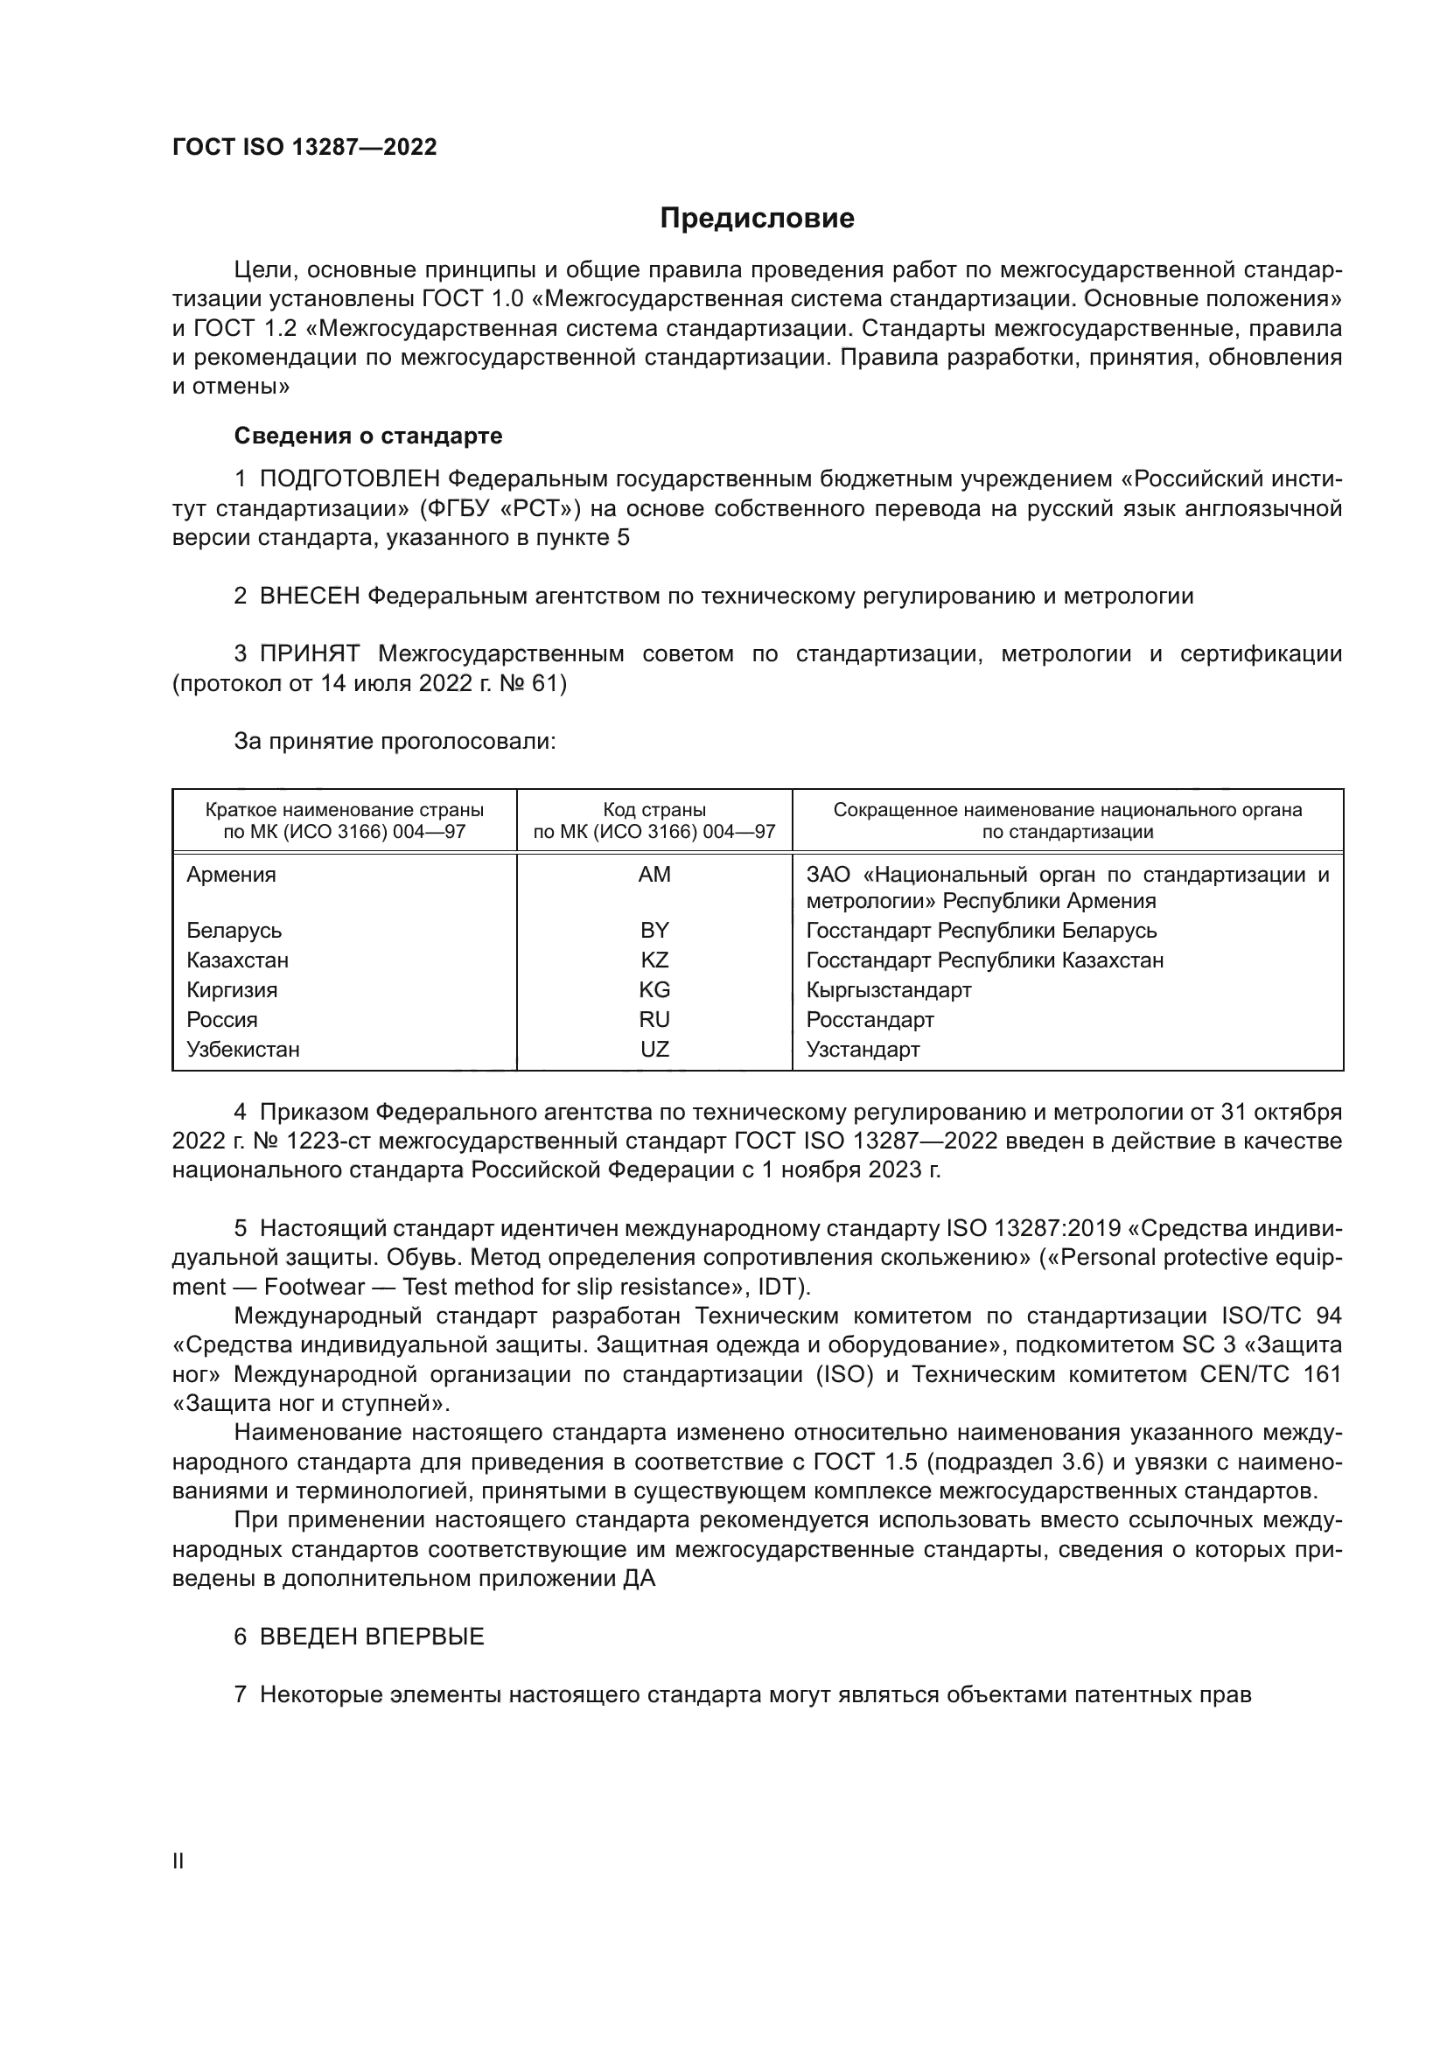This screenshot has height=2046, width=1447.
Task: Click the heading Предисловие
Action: point(757,219)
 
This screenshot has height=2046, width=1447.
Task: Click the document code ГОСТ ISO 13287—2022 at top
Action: point(304,148)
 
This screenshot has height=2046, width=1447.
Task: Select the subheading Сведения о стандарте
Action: point(368,436)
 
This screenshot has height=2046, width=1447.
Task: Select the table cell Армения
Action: point(231,874)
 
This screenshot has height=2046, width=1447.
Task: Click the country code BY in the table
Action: point(654,931)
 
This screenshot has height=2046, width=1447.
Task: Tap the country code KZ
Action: point(654,960)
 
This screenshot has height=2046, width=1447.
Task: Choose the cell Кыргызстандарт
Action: point(888,990)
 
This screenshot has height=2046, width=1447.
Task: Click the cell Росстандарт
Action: point(870,1019)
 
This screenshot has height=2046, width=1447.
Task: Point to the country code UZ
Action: point(654,1049)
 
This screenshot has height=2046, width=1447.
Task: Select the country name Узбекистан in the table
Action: point(242,1049)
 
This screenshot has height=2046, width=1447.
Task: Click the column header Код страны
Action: point(654,810)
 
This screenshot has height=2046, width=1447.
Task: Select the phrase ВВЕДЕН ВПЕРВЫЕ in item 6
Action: point(372,1636)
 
